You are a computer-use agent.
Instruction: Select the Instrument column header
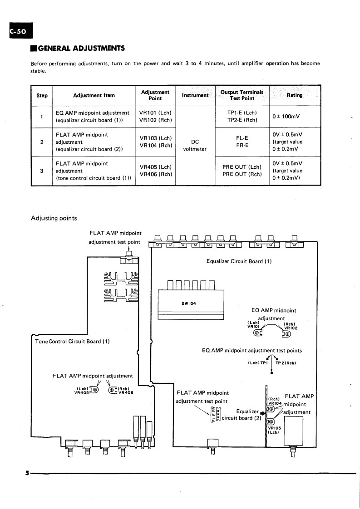195,95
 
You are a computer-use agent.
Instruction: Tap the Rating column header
295,95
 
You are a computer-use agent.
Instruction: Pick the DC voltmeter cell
195,145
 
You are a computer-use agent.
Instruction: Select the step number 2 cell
42,142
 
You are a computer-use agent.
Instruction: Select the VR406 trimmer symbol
112,390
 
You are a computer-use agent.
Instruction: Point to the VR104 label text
275,403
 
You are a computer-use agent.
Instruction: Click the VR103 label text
275,427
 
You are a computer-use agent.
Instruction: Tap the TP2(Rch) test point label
285,363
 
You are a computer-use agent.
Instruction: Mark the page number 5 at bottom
27,473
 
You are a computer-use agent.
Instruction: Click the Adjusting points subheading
53,218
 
